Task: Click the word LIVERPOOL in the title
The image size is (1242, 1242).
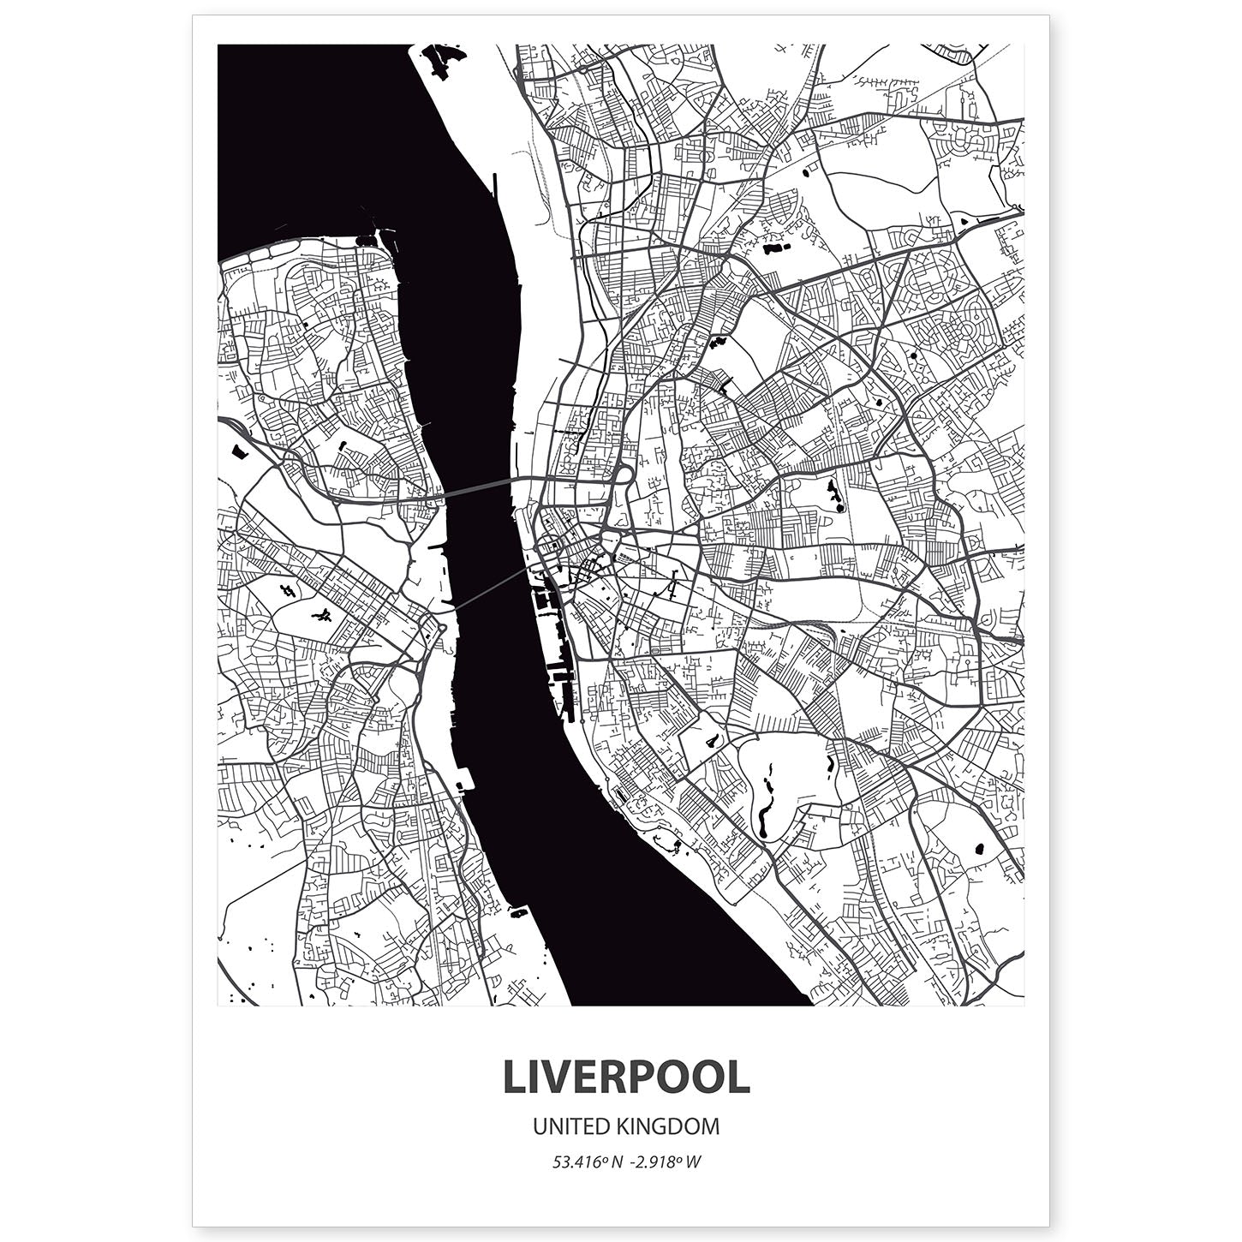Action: tap(626, 1078)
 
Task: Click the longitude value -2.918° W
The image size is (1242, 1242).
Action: tap(668, 1162)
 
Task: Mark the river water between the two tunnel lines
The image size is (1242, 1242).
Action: tap(484, 540)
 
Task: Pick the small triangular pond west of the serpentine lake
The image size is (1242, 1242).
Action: tap(710, 740)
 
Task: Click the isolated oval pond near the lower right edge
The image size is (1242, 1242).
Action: tap(978, 850)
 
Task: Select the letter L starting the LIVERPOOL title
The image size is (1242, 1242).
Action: tap(513, 1078)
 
